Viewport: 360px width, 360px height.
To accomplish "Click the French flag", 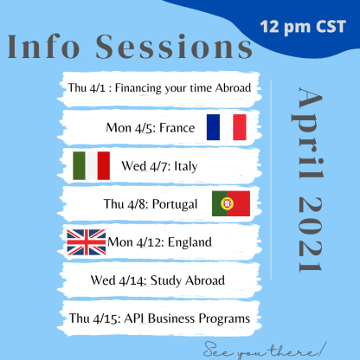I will pyautogui.click(x=226, y=127).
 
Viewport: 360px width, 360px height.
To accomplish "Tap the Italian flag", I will pyautogui.click(x=91, y=165).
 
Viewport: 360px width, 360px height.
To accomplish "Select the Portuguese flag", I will pyautogui.click(x=231, y=203).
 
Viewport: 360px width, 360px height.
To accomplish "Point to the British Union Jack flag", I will pyautogui.click(x=86, y=241).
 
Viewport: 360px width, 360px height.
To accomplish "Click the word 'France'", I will pyautogui.click(x=177, y=127).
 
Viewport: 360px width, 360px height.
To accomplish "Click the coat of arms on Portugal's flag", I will pyautogui.click(x=227, y=203).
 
